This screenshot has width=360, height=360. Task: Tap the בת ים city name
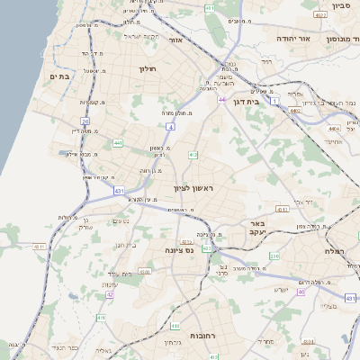coord(58,76)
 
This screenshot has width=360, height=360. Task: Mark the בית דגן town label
coord(245,103)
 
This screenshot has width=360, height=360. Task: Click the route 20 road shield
coord(85,120)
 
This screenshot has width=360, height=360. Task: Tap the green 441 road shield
coord(118,142)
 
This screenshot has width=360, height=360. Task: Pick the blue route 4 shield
coord(170,127)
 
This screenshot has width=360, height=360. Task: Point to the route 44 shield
coord(220,99)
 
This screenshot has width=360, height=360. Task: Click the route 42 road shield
coord(110,293)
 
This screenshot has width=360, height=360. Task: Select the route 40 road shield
coord(301,292)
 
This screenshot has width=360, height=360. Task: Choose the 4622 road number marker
coord(321,15)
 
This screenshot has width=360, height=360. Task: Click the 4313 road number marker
coord(283,209)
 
